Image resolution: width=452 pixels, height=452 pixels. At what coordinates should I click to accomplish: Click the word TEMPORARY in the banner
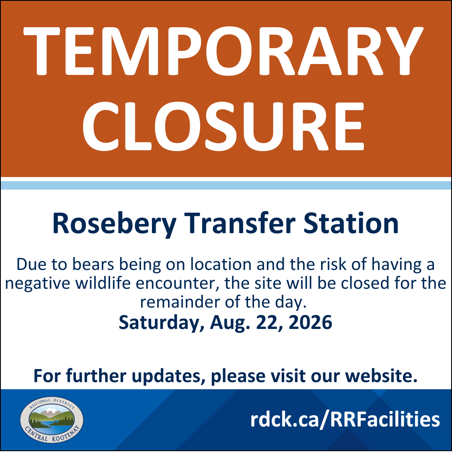223,51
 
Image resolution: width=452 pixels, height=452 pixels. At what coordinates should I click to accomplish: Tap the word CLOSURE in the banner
223,126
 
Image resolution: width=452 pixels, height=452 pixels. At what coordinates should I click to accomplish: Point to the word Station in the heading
351,223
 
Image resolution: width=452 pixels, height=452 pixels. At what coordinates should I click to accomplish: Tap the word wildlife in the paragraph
103,283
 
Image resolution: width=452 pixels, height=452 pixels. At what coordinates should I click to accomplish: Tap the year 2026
310,322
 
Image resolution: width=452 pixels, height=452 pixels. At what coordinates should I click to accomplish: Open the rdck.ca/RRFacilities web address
345,419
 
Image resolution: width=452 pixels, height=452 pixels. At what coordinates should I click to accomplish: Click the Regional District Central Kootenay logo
52,419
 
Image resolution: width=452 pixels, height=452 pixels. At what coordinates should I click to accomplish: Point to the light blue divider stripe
226,185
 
